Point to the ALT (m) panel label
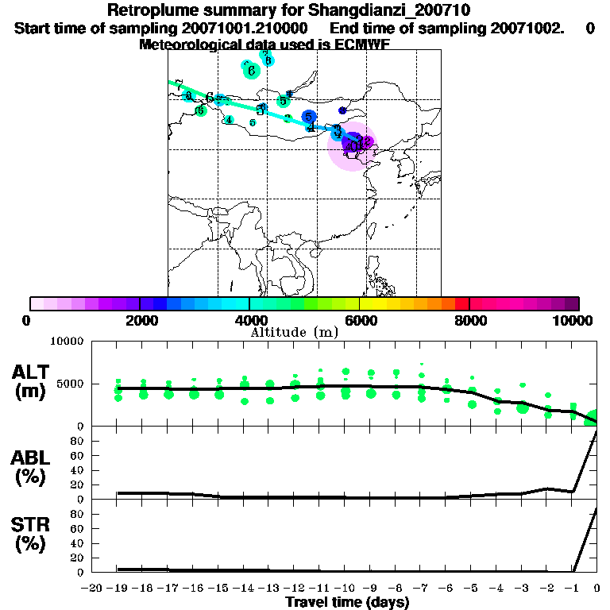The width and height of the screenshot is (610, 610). pyautogui.click(x=31, y=380)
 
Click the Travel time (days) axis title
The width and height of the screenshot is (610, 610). pyautogui.click(x=347, y=603)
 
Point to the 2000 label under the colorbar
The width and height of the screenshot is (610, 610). pyautogui.click(x=139, y=321)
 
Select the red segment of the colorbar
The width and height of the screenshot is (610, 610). pyautogui.click(x=461, y=303)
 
